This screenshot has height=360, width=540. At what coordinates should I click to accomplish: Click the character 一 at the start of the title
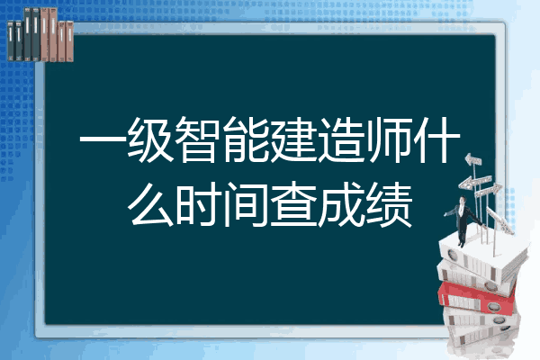[x=103, y=139]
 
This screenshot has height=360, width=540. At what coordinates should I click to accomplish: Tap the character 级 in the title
[x=150, y=139]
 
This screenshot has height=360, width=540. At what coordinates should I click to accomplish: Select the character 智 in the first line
[x=198, y=139]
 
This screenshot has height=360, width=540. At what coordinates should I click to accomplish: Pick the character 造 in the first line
[x=341, y=139]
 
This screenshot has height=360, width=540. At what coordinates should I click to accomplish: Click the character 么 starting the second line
[x=150, y=204]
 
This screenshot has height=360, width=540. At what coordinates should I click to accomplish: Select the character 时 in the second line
[x=198, y=204]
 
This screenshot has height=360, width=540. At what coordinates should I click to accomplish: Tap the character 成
[x=341, y=204]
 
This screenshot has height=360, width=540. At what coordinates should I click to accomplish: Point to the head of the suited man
[x=463, y=201]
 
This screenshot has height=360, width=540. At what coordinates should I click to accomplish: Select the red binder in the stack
[x=477, y=298]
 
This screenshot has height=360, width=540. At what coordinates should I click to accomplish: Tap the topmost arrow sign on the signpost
[x=472, y=159]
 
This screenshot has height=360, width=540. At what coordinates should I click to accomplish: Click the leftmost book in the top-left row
[x=11, y=40]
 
